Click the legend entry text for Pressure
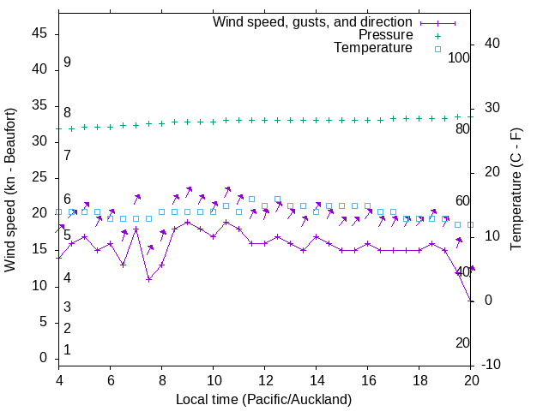point(385,35)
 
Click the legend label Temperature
point(373,48)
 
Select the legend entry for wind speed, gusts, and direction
point(312,21)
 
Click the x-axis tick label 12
point(265,382)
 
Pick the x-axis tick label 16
point(368,382)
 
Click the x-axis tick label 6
point(111,382)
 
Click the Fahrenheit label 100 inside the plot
point(460,58)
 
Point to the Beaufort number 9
point(67,63)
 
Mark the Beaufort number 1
point(67,349)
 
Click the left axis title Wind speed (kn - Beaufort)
point(11,190)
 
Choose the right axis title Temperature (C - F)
point(516,190)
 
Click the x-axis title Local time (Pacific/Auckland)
point(263,400)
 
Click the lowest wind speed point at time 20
point(471,301)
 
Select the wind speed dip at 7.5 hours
point(148,279)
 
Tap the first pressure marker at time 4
point(58,128)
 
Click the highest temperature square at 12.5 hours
point(277,199)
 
